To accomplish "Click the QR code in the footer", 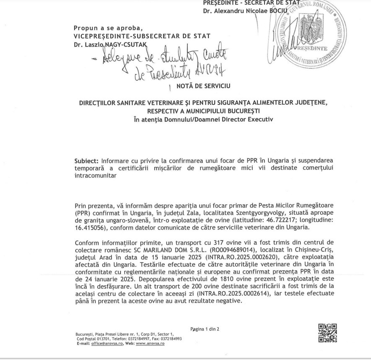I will pyautogui.click(x=327, y=333).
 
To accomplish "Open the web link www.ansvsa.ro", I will pyautogui.click(x=150, y=343).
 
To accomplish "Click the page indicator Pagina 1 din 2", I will pyautogui.click(x=205, y=329).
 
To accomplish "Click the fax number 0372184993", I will pyautogui.click(x=170, y=339).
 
